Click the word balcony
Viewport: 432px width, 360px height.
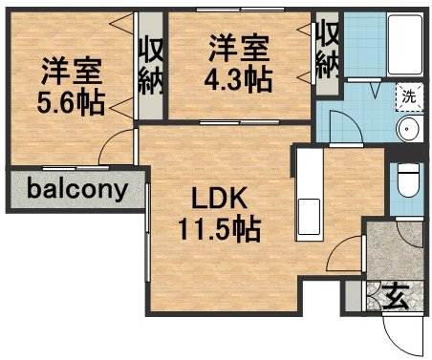pos(77,190)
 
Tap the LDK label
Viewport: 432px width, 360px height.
pos(219,199)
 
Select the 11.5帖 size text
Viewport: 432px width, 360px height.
pos(220,229)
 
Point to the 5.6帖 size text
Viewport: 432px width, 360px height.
pos(71,102)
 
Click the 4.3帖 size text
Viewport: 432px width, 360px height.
pos(238,79)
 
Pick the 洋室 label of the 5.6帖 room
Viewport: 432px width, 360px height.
pos(72,71)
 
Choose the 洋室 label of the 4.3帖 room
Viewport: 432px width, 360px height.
pos(239,49)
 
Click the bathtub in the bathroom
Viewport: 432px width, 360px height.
pos(405,44)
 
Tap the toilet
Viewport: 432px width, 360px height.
pos(408,180)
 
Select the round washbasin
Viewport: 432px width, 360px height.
pos(409,129)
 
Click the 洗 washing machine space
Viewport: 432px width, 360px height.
pos(409,97)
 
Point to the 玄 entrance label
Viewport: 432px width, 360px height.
pos(396,297)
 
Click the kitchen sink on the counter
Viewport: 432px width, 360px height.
pos(309,217)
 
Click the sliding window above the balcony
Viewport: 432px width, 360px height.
pos(76,168)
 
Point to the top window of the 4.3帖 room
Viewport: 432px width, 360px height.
pos(240,10)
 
